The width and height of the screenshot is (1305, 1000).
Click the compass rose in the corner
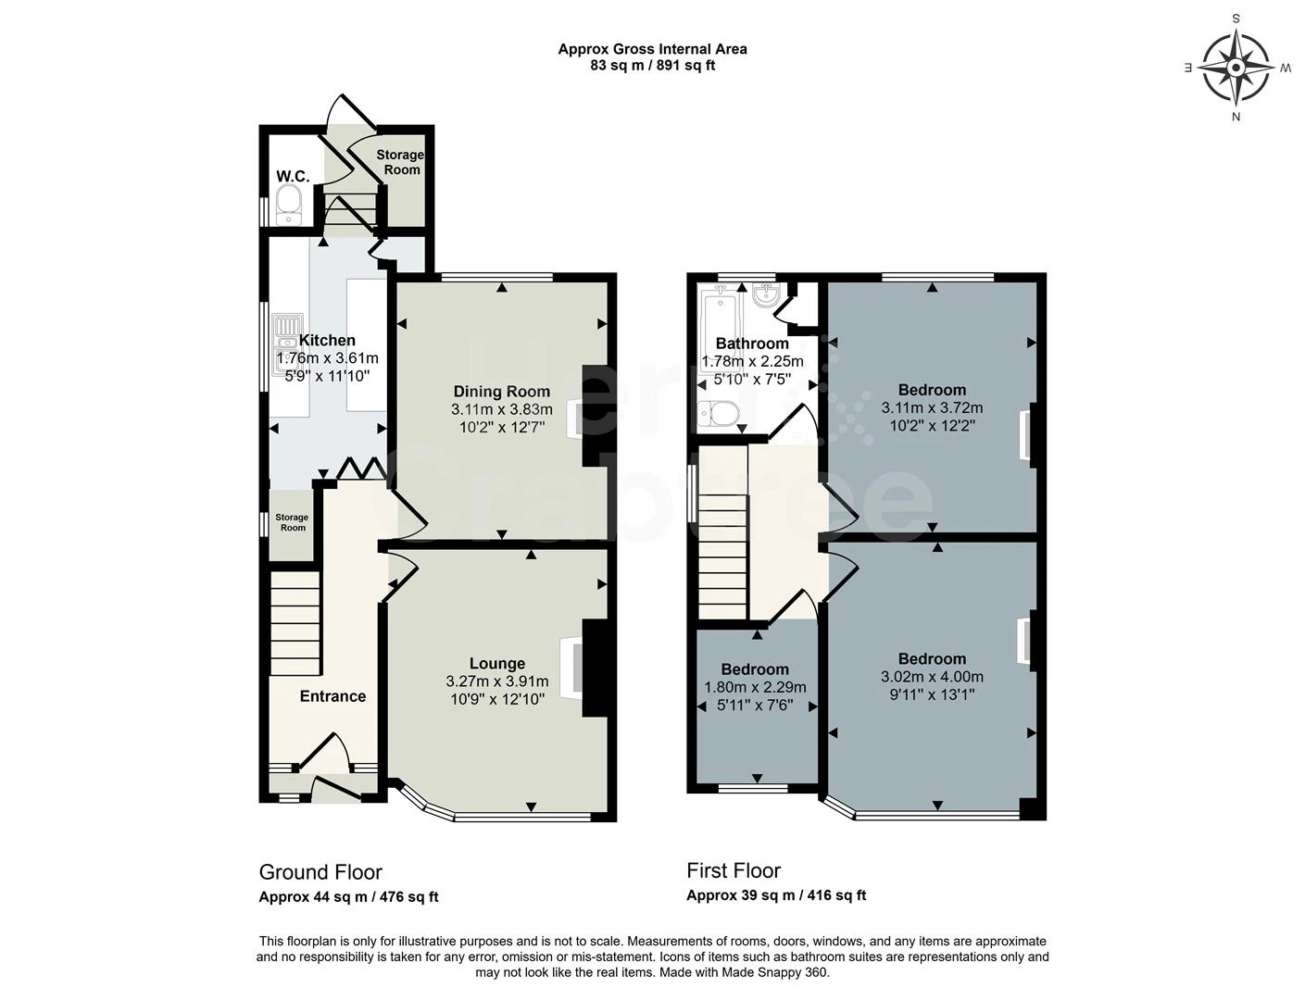point(1236,67)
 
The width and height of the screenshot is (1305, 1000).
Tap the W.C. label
point(292,176)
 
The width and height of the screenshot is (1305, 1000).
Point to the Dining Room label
point(501,392)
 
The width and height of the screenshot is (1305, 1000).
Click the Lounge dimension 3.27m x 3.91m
point(496,681)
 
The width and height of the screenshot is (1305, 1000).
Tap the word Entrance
point(333,696)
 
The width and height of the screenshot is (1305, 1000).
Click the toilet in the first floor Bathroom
point(719,411)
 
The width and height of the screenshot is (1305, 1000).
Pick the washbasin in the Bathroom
point(766,295)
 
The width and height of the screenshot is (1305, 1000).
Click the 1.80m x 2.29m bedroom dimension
point(755,687)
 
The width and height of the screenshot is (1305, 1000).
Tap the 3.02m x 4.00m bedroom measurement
point(932,677)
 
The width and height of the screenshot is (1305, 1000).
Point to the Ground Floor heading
point(320,872)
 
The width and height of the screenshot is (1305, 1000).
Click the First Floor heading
point(734,870)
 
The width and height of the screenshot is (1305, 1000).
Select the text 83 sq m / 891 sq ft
point(652,66)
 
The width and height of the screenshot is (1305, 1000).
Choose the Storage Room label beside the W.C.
point(400,162)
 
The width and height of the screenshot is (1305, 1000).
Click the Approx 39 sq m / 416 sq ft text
point(776,895)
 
